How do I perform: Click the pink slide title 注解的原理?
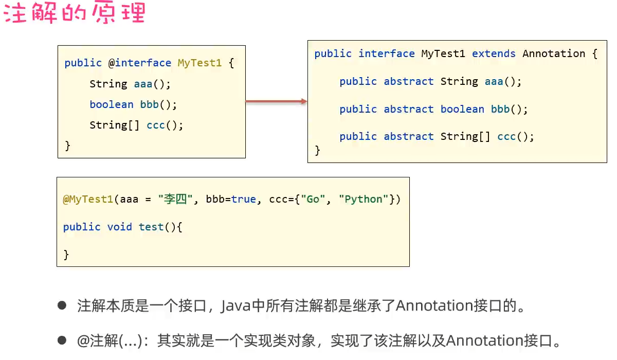click(x=75, y=13)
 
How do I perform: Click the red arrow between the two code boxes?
click(x=276, y=102)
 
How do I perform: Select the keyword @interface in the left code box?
click(x=139, y=63)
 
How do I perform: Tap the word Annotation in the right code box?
click(x=554, y=53)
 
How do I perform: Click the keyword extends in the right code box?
click(x=494, y=53)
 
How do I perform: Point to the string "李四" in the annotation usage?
click(x=175, y=199)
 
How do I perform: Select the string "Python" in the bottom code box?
click(x=364, y=199)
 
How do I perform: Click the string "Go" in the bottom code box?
click(x=313, y=199)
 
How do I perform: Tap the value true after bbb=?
click(x=244, y=199)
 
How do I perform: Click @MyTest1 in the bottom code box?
click(x=88, y=199)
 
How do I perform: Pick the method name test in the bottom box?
click(x=151, y=227)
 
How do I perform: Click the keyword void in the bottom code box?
click(x=119, y=227)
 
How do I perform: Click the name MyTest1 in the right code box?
click(x=443, y=53)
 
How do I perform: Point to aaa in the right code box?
click(x=494, y=81)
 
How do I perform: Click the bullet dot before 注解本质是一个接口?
click(x=62, y=305)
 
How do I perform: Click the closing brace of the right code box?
click(x=317, y=150)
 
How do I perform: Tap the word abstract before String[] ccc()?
click(x=409, y=136)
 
